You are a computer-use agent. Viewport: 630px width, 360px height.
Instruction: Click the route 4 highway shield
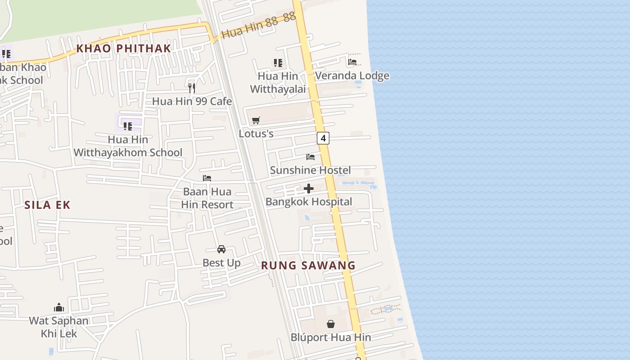point(323,138)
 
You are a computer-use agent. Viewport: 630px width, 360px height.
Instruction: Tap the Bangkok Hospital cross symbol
point(309,189)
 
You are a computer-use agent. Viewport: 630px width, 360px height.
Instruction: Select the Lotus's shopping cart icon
point(256,120)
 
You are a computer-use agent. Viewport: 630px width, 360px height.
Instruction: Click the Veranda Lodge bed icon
point(352,62)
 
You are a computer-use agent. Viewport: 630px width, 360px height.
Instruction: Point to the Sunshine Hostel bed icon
point(310,157)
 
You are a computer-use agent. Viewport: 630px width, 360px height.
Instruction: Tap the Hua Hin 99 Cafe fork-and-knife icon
point(192,88)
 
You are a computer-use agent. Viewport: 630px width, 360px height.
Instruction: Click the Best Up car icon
point(221,249)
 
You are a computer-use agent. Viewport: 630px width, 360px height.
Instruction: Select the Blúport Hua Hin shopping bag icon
point(331,324)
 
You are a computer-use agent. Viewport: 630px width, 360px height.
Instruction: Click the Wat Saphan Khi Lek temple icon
point(59,307)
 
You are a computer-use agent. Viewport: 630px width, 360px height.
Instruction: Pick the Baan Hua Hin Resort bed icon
point(207,178)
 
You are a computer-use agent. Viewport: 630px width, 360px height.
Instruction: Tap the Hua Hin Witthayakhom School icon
point(128,126)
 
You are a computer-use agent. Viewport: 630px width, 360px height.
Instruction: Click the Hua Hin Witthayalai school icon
point(278,63)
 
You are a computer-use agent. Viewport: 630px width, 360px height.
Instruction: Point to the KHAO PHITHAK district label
point(123,49)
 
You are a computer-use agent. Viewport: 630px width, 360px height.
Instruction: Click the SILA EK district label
point(47,205)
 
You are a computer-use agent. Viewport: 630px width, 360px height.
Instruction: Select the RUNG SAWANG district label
point(308,265)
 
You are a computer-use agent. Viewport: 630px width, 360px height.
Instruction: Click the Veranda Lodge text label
point(352,76)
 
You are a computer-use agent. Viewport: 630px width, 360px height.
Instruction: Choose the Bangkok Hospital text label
point(309,202)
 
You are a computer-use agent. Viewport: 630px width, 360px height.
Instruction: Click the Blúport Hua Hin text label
point(331,337)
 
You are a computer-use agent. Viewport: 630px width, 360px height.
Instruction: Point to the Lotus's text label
point(256,134)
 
